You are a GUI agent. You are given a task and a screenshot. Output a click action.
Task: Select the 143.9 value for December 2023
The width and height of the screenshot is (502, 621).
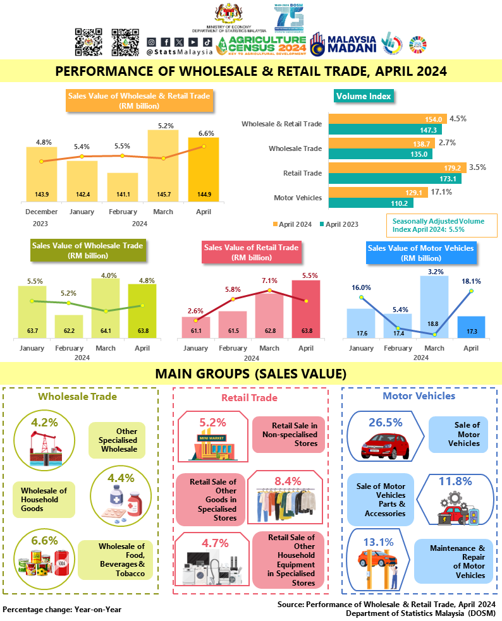tap(41, 193)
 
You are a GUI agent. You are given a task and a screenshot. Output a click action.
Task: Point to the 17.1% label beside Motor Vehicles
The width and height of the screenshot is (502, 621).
tap(440, 192)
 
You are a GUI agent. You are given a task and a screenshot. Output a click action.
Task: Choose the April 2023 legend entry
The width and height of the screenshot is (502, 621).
tap(341, 224)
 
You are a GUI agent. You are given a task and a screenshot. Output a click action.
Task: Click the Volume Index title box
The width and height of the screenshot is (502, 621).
tap(364, 96)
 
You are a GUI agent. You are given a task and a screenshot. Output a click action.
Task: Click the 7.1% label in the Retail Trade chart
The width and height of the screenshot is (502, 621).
tap(269, 280)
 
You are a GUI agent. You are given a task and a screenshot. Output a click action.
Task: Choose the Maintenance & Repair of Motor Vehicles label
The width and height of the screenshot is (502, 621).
tap(452, 561)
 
